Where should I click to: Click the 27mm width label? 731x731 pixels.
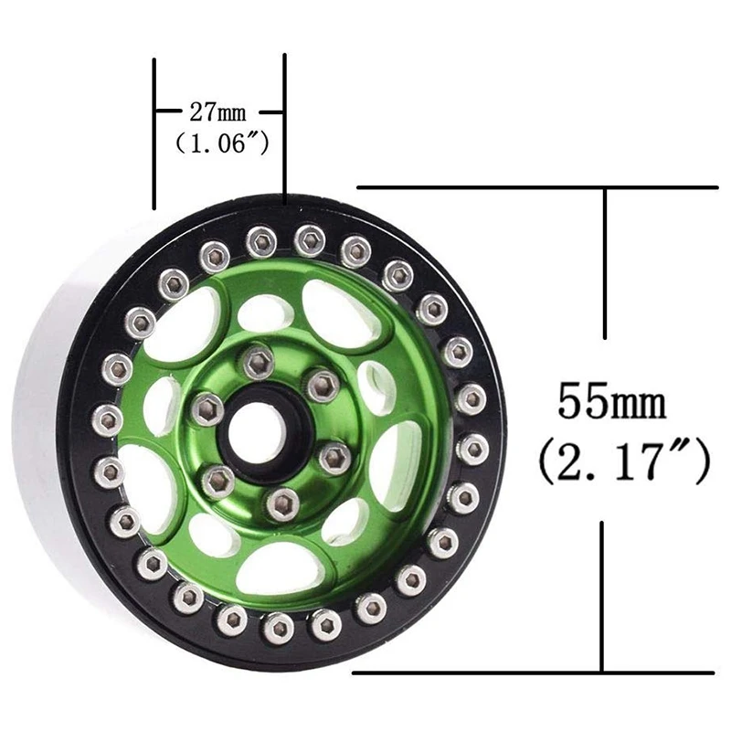(x=217, y=112)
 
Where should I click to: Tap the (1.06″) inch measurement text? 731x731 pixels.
(x=222, y=143)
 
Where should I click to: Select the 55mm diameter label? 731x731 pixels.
(x=611, y=400)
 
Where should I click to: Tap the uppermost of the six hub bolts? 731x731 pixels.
(x=258, y=361)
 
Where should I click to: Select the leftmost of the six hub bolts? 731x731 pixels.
(x=207, y=410)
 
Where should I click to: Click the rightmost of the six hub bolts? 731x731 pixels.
(x=334, y=458)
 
